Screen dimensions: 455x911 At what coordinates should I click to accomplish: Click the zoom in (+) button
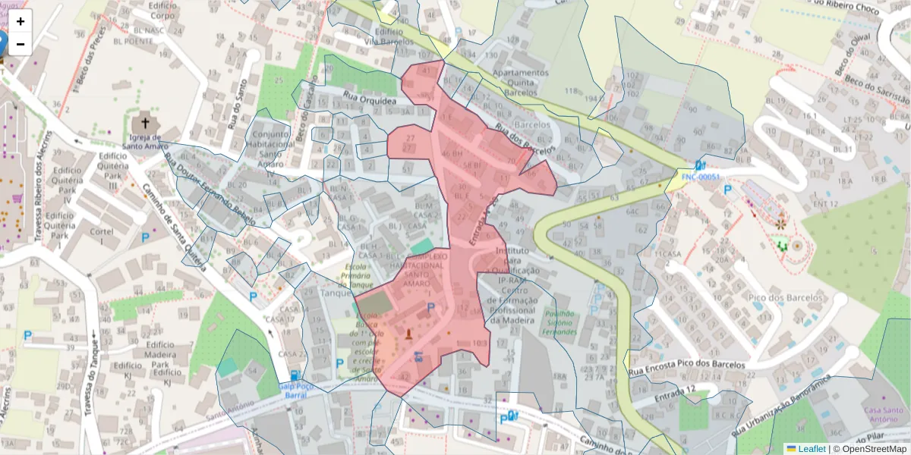20,21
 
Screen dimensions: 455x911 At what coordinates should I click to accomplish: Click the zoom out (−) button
20,44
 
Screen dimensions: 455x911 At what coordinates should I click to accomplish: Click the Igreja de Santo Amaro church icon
142,123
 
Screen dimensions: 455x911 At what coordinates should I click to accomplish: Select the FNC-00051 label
699,177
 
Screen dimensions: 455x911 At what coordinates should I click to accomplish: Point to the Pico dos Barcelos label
785,297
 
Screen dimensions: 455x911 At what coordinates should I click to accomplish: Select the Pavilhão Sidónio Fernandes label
560,322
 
